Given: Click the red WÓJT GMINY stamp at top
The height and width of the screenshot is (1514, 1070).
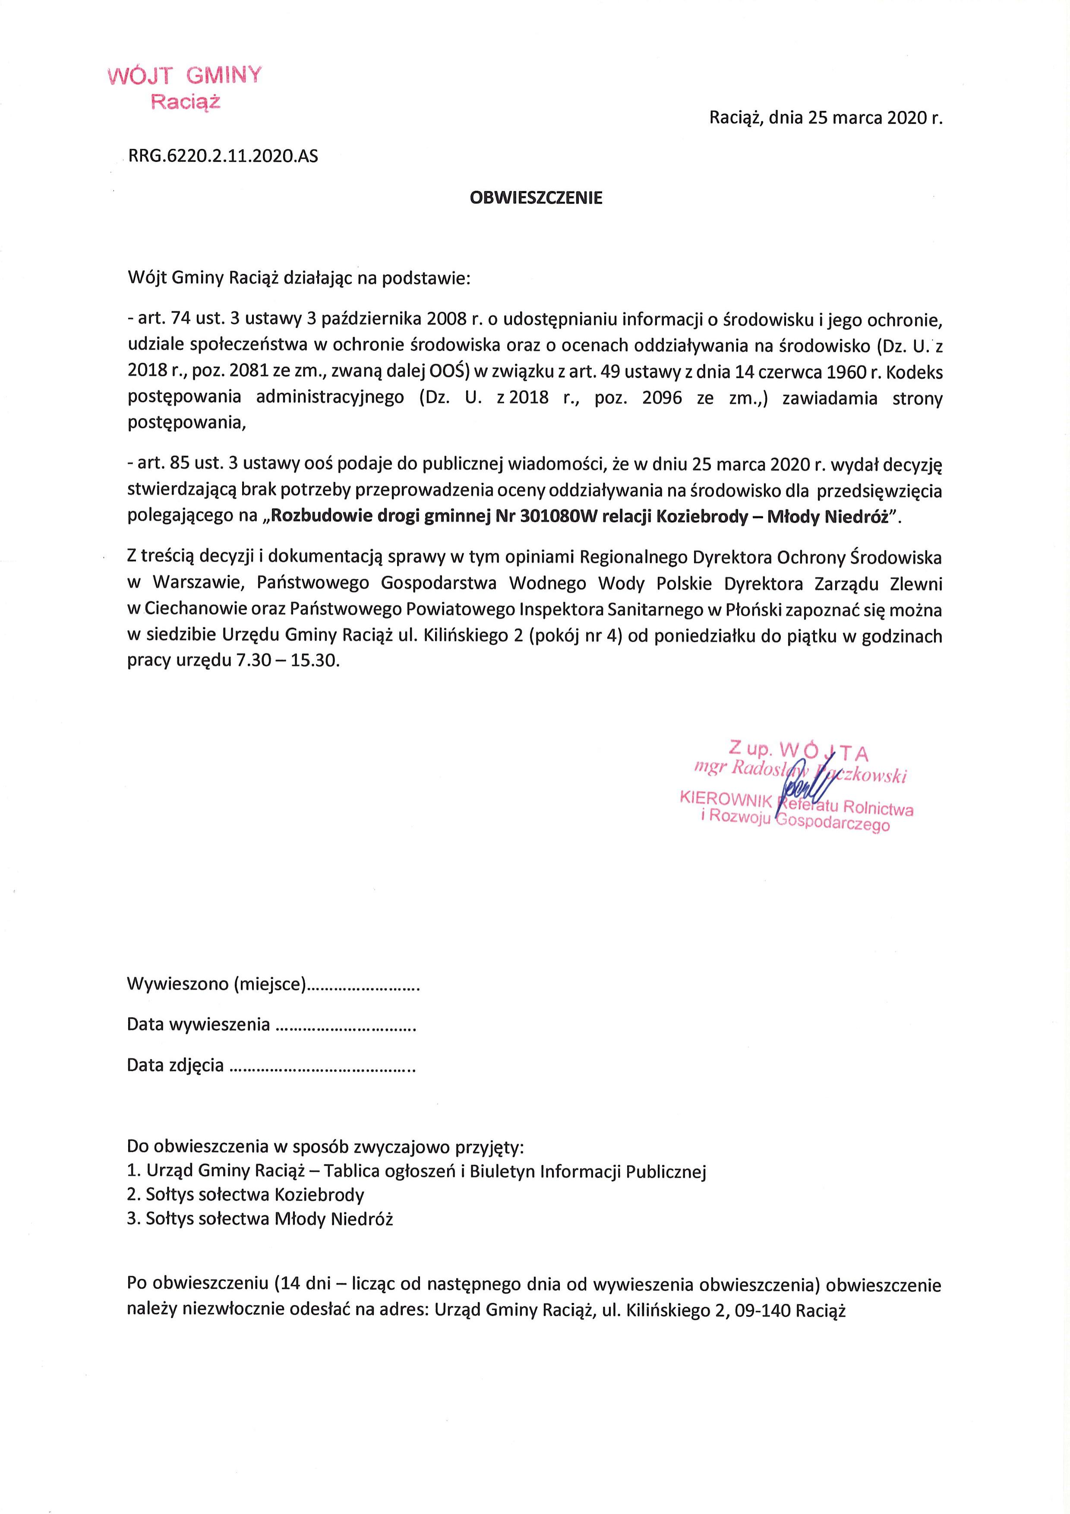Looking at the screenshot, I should [x=183, y=88].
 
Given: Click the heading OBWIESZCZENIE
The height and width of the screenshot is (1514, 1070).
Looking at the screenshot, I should [x=535, y=198].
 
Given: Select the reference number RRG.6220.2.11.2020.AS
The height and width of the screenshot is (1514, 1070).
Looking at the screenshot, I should [x=224, y=158].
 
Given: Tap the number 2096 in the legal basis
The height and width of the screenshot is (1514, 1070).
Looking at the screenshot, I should [x=659, y=399].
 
